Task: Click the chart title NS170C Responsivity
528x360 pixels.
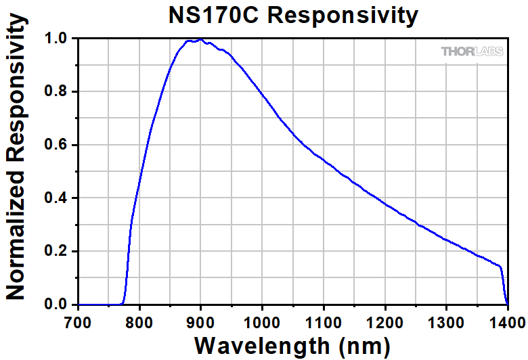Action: pos(293,15)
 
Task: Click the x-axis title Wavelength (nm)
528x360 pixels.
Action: pos(292,344)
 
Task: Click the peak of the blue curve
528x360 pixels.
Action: pos(200,40)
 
